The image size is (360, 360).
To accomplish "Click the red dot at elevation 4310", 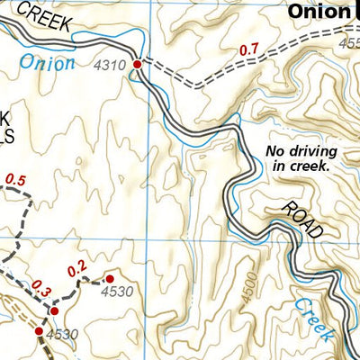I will (x=138, y=65).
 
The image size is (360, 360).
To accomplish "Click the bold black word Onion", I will (x=317, y=12).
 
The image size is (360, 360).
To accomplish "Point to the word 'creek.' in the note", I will (x=311, y=166).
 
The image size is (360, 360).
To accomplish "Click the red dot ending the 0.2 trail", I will (x=110, y=279).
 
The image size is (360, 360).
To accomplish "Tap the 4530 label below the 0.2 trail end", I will (x=116, y=292).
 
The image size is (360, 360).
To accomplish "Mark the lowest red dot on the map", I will (x=39, y=332).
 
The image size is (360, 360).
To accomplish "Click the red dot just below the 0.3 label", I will (x=53, y=310).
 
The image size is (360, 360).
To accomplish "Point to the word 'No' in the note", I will (x=275, y=151).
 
